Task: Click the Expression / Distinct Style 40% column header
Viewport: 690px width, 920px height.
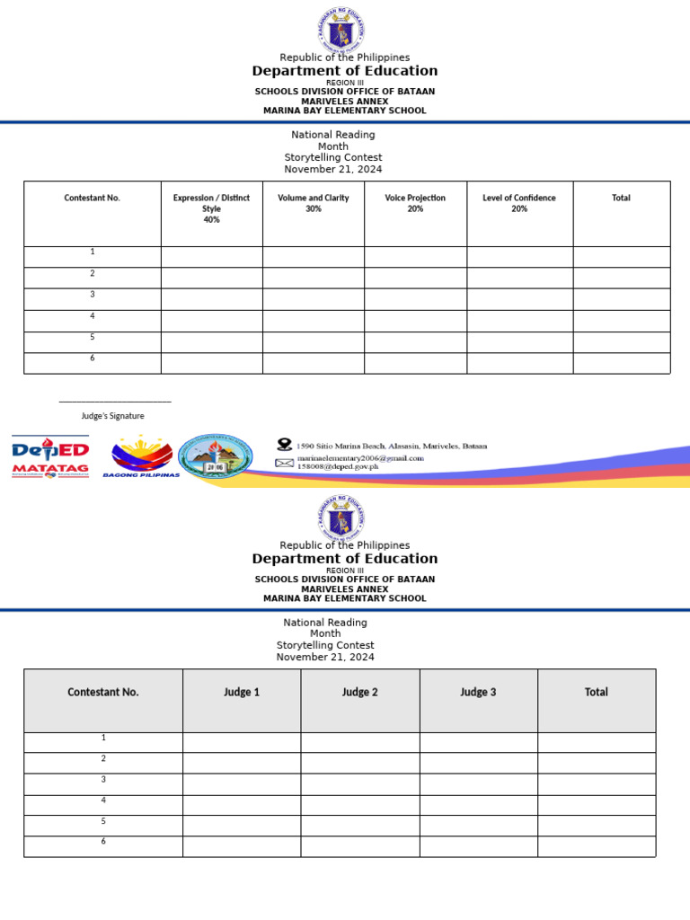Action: (211, 208)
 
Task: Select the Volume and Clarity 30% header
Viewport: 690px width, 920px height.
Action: (314, 203)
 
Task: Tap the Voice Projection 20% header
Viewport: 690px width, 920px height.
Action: (415, 203)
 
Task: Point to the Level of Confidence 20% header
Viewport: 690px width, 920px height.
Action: (519, 203)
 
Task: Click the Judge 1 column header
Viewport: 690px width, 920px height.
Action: (242, 693)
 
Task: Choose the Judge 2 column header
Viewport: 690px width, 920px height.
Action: (360, 693)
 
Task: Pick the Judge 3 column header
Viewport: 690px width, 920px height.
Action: (478, 693)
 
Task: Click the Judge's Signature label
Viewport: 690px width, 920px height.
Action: (113, 416)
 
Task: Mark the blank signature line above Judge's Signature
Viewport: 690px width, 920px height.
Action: (115, 402)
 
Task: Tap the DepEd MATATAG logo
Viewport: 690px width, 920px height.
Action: (50, 456)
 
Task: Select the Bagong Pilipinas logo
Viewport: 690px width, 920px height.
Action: (141, 457)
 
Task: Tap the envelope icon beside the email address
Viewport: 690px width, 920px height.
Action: (284, 463)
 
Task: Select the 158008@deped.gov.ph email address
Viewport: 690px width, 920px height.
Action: (338, 467)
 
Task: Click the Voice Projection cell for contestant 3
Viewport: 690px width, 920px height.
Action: (415, 299)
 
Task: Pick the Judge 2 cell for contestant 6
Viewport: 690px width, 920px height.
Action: (360, 846)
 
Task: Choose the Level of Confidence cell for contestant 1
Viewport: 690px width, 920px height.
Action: (519, 257)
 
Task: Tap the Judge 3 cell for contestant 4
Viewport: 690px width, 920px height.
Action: (478, 805)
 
